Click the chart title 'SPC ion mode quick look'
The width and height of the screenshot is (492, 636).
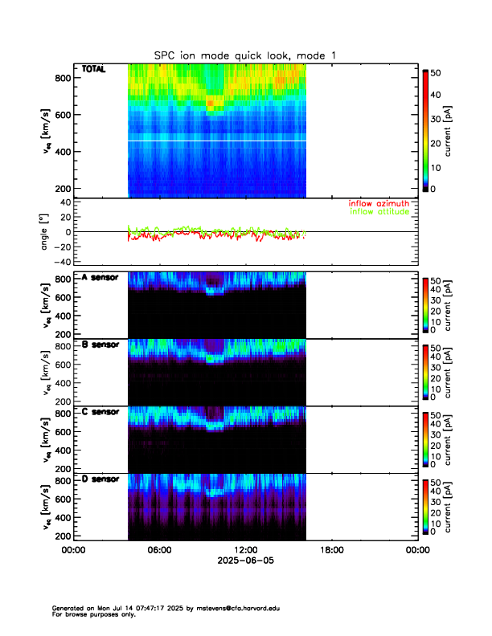[246, 55]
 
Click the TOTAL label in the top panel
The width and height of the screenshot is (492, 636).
[93, 70]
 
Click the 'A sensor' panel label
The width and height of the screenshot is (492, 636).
[100, 278]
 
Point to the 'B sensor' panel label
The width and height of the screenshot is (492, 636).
[100, 344]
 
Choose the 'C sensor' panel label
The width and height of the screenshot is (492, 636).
[100, 412]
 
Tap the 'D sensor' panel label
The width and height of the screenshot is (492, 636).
[100, 479]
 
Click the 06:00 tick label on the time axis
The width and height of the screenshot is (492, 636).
[159, 550]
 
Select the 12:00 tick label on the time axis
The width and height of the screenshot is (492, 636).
[245, 550]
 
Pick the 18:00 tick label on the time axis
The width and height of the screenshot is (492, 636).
[331, 550]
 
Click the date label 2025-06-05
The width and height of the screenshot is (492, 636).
[245, 561]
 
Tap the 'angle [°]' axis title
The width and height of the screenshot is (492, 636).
[46, 231]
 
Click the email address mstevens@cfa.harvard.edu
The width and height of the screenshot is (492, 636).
[228, 609]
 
